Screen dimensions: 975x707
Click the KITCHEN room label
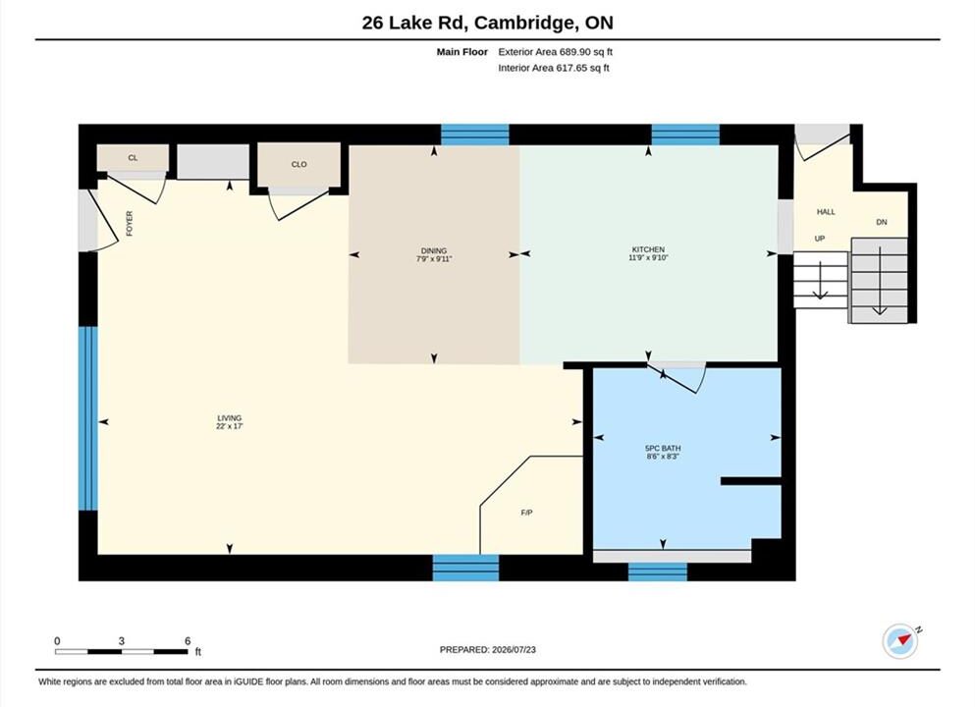[648, 249]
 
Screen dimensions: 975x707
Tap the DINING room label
[434, 250]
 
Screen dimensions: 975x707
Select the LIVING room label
[230, 418]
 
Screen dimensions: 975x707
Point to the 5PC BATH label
[663, 448]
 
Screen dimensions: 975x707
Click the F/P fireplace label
[526, 513]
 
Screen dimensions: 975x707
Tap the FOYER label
[130, 223]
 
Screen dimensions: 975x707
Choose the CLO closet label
[299, 164]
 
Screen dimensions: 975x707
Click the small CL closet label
[133, 157]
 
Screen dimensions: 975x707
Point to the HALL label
[826, 211]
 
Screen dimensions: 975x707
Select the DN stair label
[882, 222]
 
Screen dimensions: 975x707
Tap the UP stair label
[820, 239]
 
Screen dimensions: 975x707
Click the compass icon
[899, 640]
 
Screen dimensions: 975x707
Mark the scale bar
[121, 652]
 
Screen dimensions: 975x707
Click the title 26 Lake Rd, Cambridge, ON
[487, 23]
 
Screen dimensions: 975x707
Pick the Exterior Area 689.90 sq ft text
[556, 52]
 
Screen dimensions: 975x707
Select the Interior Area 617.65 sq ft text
[554, 68]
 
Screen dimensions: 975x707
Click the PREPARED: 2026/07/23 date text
[487, 649]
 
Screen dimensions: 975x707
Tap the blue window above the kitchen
[685, 135]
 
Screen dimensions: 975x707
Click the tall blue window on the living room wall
[88, 418]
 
